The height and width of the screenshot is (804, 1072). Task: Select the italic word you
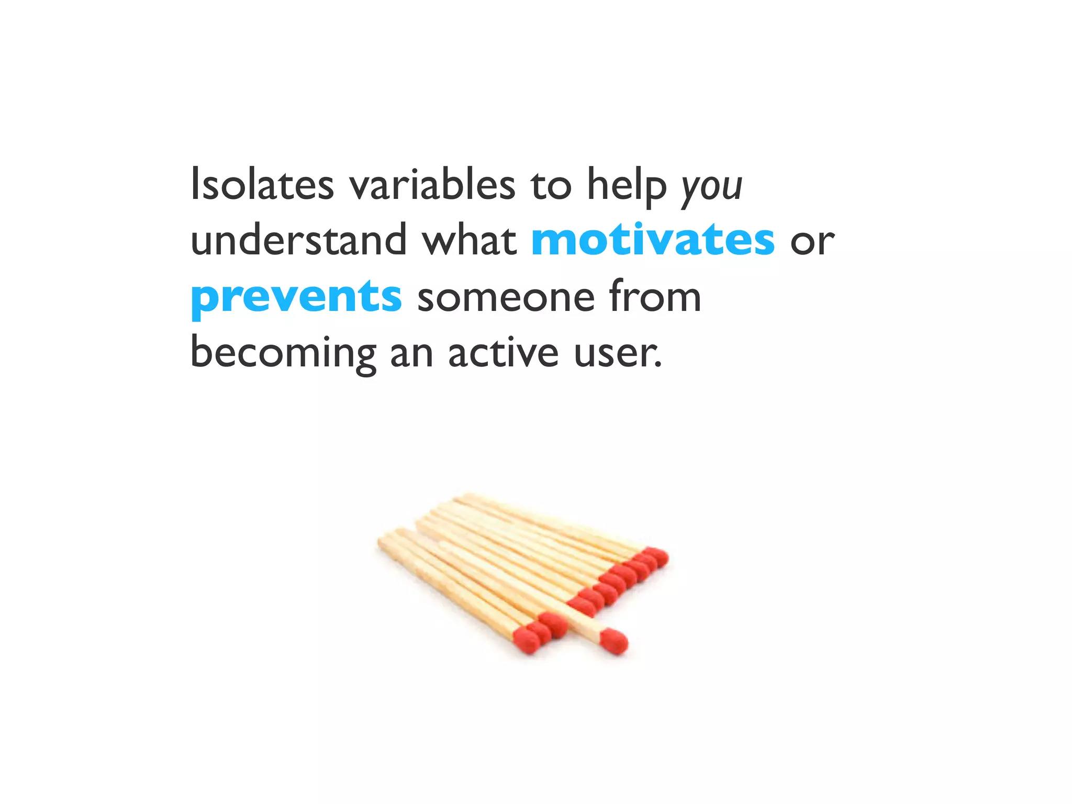pos(711,189)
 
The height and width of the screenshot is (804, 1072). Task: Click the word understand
pos(298,239)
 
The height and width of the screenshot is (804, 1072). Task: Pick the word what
pos(469,239)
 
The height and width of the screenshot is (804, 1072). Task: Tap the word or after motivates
pos(812,243)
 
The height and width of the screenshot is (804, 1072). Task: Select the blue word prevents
pos(296,299)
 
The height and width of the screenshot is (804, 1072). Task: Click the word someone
pos(506,299)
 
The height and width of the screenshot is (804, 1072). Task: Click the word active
pos(504,351)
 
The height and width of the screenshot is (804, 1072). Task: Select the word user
pos(618,355)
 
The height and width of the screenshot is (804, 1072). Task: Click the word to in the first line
pos(551,187)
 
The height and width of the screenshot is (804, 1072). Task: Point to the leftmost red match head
pos(527,639)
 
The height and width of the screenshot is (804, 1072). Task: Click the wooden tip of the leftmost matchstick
pos(381,542)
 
